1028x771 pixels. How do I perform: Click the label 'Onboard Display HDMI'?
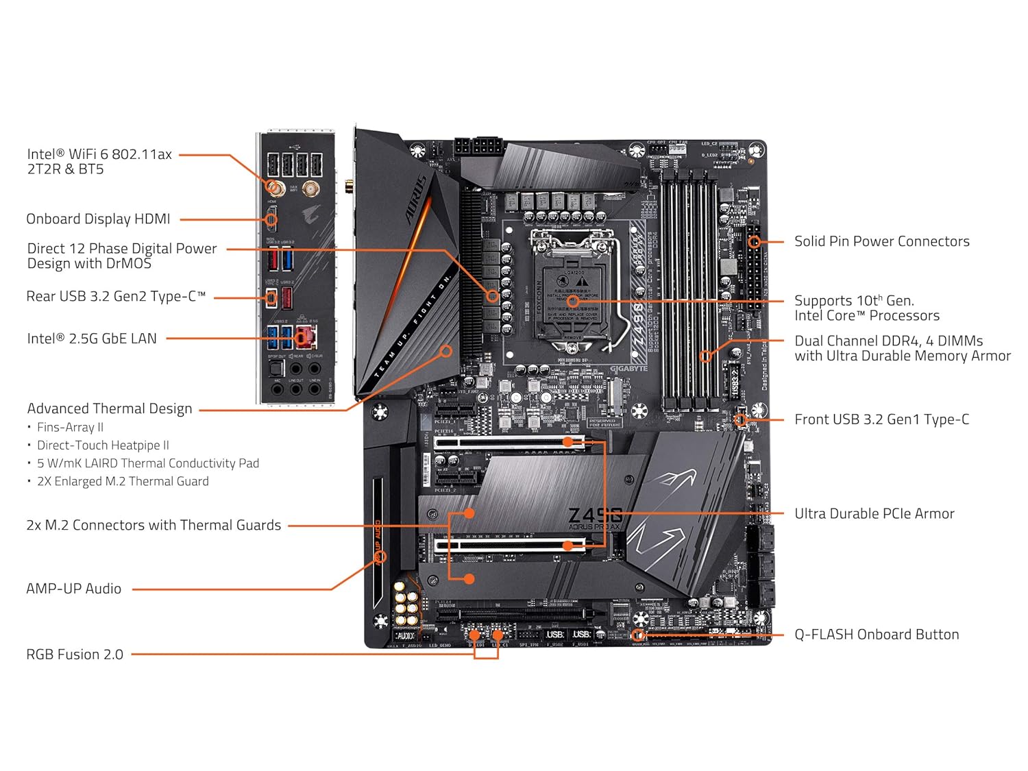click(x=98, y=219)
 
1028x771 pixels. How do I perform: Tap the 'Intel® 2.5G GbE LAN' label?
click(x=92, y=339)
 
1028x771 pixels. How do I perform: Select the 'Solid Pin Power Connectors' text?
click(x=881, y=241)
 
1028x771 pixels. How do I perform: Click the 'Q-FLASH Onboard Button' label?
click(x=877, y=635)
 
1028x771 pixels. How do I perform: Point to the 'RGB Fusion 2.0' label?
click(x=75, y=654)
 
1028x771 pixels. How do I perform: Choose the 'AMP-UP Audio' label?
click(x=73, y=589)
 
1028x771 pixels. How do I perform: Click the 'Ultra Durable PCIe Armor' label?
click(x=874, y=513)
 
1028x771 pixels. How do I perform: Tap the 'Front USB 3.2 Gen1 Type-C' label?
click(x=881, y=419)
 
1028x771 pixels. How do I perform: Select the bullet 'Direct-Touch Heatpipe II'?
click(x=103, y=445)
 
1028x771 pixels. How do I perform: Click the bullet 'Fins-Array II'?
click(x=70, y=427)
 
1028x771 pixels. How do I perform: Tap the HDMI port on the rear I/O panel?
click(x=272, y=219)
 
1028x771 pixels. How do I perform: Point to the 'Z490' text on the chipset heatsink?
click(x=595, y=515)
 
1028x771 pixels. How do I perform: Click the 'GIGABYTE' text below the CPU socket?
click(x=628, y=369)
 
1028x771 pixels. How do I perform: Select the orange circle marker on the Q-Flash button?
click(x=637, y=635)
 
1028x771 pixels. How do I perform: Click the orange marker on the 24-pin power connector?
click(x=754, y=241)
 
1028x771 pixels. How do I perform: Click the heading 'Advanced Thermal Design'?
click(x=110, y=408)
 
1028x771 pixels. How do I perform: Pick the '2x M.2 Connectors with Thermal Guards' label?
click(x=154, y=526)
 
